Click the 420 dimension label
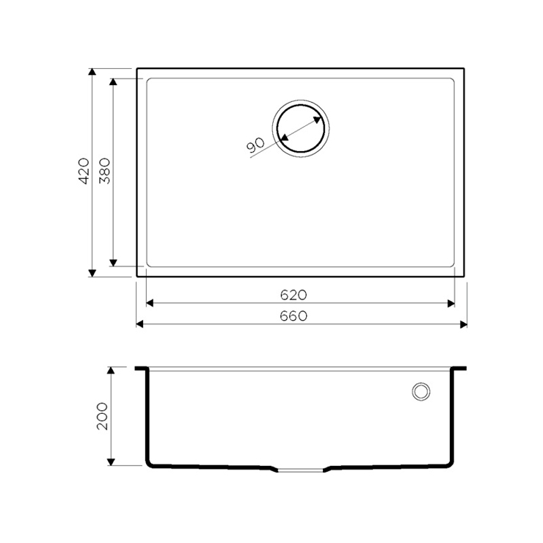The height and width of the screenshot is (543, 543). click(84, 171)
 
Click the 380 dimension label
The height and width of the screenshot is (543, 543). click(105, 171)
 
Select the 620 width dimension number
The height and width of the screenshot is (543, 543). click(294, 295)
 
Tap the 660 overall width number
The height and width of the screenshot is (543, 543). click(294, 316)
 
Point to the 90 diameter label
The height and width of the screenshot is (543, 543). click(255, 145)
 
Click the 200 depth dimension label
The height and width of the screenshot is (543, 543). click(102, 416)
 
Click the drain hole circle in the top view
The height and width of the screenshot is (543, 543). click(301, 105)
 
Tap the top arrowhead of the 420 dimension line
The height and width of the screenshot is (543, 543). click(92, 72)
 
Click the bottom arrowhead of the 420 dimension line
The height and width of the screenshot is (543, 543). click(92, 273)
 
